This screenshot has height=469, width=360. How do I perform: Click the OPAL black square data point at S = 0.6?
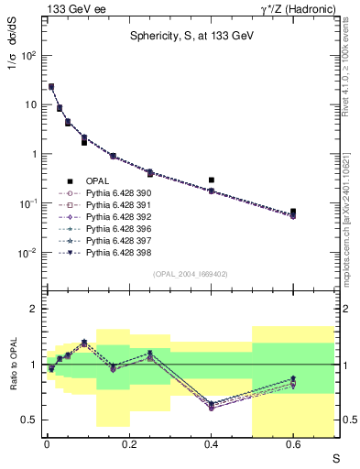(x=293, y=212)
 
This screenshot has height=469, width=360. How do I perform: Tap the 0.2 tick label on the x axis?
(x=128, y=445)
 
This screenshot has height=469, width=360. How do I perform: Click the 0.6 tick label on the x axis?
(x=293, y=445)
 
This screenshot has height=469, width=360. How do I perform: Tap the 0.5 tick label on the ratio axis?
(x=32, y=420)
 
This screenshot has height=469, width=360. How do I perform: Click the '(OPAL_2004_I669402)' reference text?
(x=189, y=273)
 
